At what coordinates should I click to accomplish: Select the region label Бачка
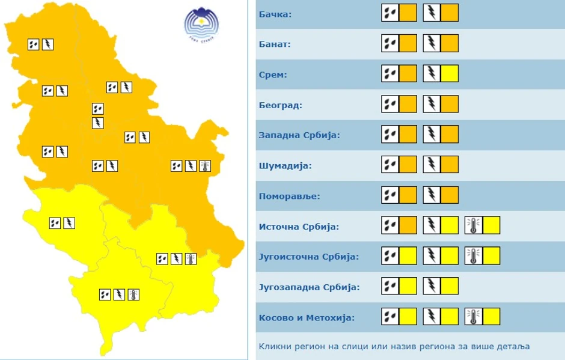pyautogui.click(x=275, y=14)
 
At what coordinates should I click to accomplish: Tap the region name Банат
pyautogui.click(x=274, y=44)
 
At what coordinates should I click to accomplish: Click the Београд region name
pyautogui.click(x=280, y=105)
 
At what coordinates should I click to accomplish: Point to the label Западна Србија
pyautogui.click(x=299, y=135)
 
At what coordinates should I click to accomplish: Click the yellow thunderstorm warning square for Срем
pyautogui.click(x=450, y=74)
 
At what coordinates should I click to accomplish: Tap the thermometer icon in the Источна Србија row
pyautogui.click(x=474, y=226)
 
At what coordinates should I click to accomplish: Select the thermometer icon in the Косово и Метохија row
pyautogui.click(x=474, y=317)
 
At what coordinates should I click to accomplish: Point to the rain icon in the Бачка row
pyautogui.click(x=391, y=13)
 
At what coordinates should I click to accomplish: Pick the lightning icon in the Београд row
pyautogui.click(x=432, y=104)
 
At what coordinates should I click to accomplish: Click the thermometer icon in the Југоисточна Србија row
pyautogui.click(x=474, y=256)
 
